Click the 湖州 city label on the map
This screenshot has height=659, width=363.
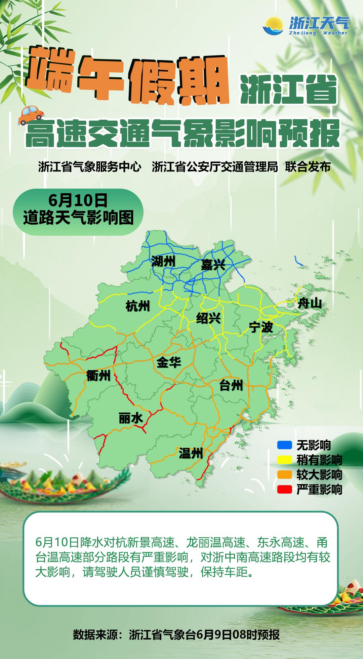point(163,261)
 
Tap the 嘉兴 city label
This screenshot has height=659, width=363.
point(213,265)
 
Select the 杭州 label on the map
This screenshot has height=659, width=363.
point(137,306)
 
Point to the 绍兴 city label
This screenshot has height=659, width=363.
point(208,318)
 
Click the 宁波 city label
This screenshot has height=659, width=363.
point(261,327)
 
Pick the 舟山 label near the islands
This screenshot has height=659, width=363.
point(310,304)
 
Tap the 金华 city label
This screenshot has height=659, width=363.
point(169,362)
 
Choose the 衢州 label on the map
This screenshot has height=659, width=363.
point(98,376)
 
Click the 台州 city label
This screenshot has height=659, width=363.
point(231,386)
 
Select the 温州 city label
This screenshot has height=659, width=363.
point(191,453)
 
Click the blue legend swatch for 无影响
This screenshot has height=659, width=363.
point(284,445)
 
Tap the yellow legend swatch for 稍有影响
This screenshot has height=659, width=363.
point(284,460)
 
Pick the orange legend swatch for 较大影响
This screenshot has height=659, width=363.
point(284,475)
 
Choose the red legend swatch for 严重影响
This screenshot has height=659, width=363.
point(284,490)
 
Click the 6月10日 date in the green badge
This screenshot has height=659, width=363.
point(78,201)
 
